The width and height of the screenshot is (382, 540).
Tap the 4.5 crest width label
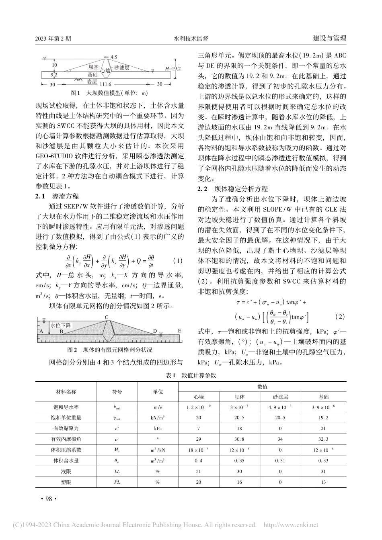point(113,58)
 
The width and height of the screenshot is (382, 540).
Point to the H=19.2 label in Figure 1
point(174,69)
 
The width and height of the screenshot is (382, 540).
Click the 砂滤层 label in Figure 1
point(121,68)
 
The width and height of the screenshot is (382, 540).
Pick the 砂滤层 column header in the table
point(280,397)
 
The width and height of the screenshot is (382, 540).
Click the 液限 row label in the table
point(66,471)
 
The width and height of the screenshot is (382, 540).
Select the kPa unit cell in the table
point(158,429)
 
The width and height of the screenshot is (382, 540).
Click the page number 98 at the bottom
point(47,499)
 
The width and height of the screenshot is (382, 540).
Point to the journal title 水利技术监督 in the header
point(191,39)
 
